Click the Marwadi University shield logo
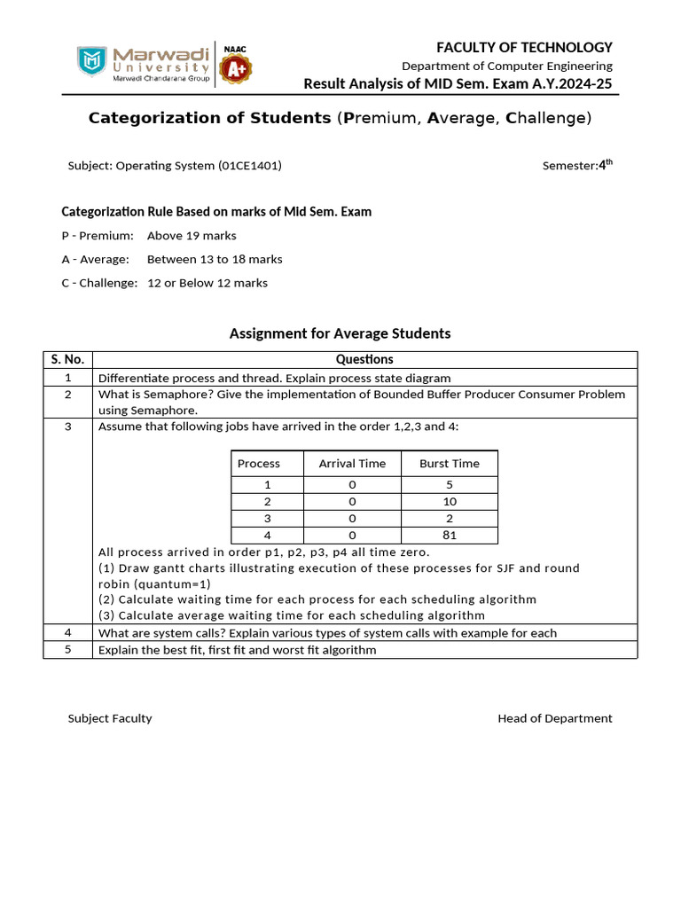coord(90,61)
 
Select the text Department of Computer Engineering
coord(506,66)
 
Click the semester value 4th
coord(606,164)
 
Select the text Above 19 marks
coord(192,236)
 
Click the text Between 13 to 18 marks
coord(215,260)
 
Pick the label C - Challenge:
coord(99,283)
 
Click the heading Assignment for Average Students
coord(340,333)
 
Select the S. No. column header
coord(67,359)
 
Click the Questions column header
coord(364,359)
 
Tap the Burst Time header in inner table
coord(449,464)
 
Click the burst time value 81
coord(449,536)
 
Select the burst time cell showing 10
coord(449,502)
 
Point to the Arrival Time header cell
coord(352,464)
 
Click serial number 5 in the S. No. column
coord(67,650)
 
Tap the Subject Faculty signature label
coord(110,718)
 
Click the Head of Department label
coord(554,718)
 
